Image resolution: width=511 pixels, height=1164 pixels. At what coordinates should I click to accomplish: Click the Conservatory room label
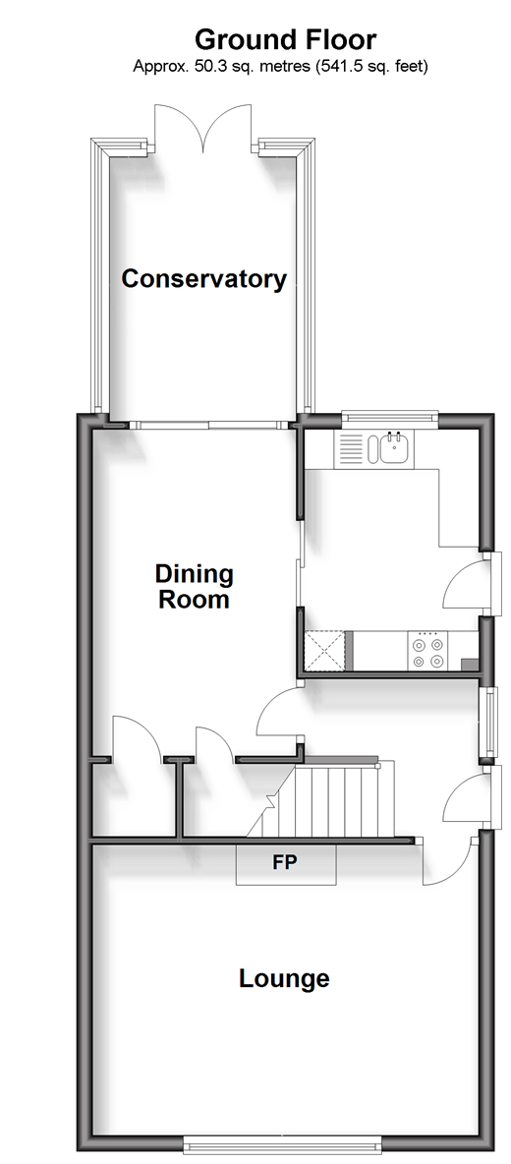click(x=204, y=279)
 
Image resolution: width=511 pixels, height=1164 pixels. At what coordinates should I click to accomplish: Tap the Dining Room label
click(x=194, y=586)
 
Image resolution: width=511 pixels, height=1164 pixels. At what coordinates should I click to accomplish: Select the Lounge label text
click(x=284, y=978)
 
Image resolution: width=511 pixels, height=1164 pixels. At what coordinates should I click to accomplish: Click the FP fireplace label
click(x=286, y=862)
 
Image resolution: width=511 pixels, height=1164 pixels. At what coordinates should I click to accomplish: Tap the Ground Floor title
click(x=286, y=38)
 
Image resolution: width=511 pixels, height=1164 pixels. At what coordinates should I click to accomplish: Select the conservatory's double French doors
click(x=204, y=131)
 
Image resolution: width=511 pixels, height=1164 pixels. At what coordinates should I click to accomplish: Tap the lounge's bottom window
click(x=282, y=1141)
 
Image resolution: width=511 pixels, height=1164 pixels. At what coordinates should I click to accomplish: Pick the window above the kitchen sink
click(x=390, y=418)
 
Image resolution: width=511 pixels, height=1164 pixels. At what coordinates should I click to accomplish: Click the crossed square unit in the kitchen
click(x=325, y=651)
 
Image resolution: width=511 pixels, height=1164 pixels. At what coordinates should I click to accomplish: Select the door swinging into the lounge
click(x=449, y=860)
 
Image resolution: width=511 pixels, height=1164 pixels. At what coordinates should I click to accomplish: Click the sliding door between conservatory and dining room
click(x=208, y=426)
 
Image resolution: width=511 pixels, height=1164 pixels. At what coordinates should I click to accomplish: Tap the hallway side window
click(x=488, y=723)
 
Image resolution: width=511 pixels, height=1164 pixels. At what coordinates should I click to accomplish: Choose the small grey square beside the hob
click(x=469, y=665)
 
